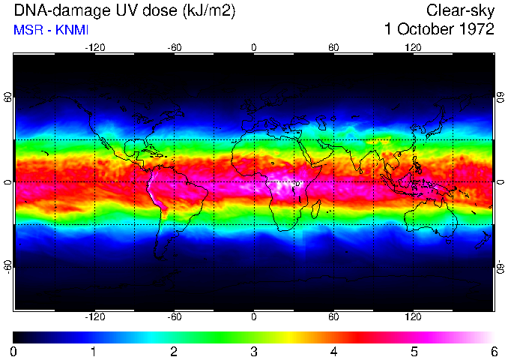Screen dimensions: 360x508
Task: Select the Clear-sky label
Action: coord(460,10)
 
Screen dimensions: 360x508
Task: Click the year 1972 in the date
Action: coord(476,30)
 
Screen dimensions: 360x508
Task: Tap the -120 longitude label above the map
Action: coord(94,47)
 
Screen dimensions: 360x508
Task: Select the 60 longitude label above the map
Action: coord(333,47)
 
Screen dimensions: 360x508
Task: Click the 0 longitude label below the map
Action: coord(254,316)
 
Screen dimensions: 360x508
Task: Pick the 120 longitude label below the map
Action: coord(413,316)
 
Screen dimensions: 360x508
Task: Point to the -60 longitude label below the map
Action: coord(174,316)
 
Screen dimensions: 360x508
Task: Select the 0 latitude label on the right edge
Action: coord(499,182)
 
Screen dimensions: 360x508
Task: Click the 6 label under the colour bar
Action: coord(493,350)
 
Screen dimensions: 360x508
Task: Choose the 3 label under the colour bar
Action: coord(254,350)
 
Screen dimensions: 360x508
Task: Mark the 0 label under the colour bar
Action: coord(14,350)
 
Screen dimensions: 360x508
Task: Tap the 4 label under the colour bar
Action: coord(333,350)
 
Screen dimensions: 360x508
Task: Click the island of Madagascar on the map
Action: coord(316,208)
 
